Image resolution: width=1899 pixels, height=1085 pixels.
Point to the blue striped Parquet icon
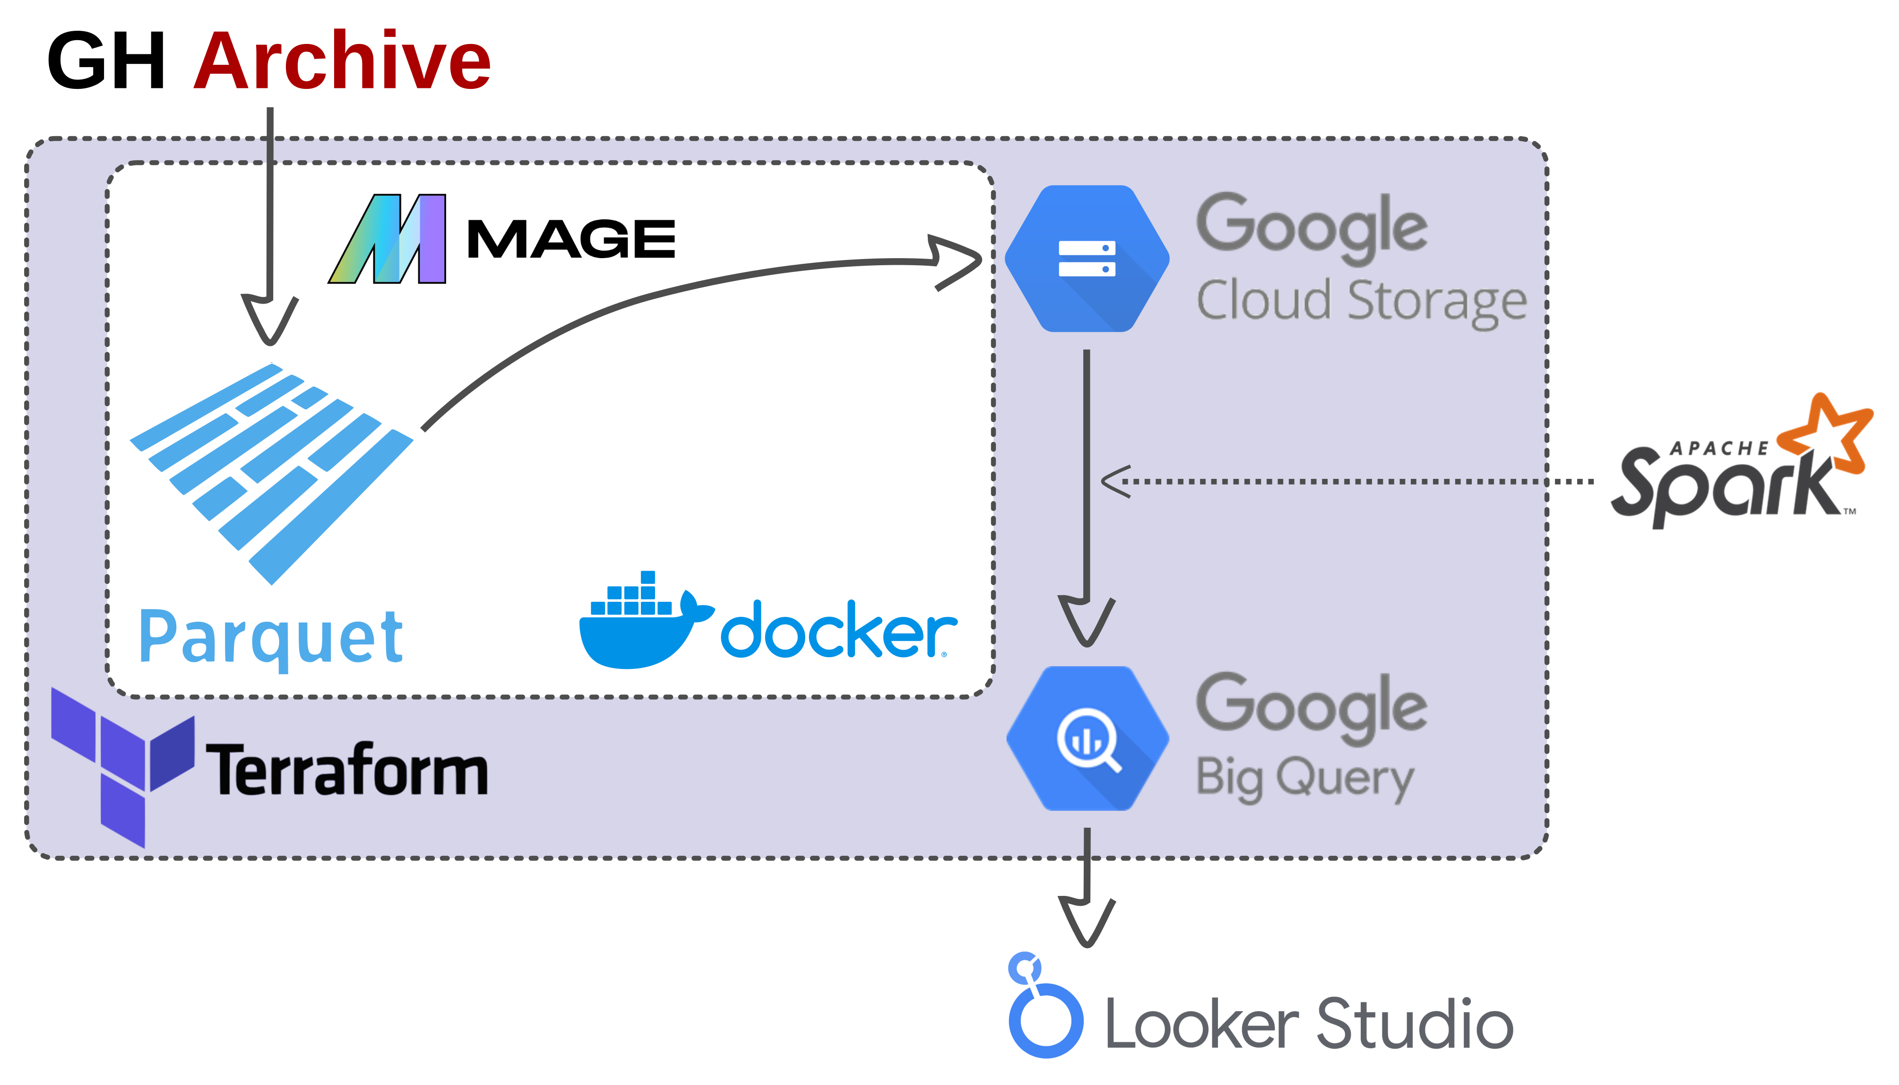[272, 469]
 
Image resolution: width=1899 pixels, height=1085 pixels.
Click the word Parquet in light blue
[271, 637]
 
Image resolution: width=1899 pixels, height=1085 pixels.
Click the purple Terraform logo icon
[123, 764]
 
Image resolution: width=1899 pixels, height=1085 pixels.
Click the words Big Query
[1304, 778]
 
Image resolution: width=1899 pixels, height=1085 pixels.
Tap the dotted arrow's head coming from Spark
[1116, 481]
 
